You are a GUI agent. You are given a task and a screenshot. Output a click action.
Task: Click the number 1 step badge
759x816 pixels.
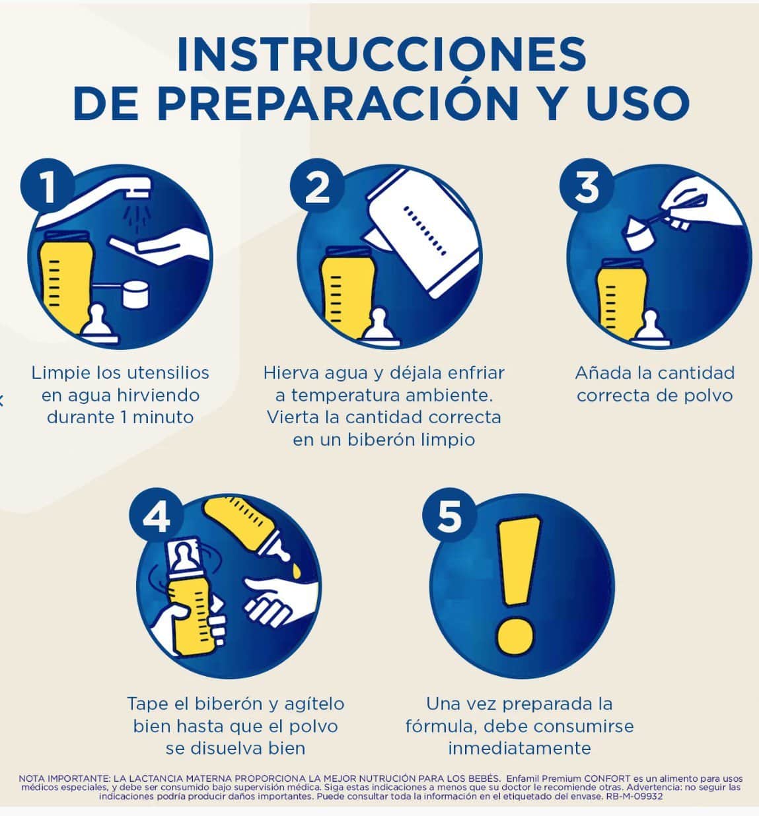(x=48, y=186)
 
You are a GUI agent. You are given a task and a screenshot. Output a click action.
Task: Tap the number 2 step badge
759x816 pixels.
(x=317, y=186)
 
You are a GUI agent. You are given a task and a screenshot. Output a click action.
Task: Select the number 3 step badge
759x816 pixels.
(x=587, y=186)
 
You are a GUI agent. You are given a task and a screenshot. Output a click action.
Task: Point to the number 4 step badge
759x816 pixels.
(x=157, y=515)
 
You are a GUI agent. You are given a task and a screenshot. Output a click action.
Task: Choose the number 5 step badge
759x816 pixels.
(x=449, y=515)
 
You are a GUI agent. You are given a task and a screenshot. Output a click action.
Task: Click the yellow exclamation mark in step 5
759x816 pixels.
(x=517, y=585)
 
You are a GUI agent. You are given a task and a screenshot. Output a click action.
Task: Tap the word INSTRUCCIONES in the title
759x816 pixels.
(x=381, y=54)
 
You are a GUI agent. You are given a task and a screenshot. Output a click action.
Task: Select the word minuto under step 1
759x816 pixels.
(x=163, y=417)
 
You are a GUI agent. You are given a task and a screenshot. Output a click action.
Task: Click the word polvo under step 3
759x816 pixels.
(x=708, y=395)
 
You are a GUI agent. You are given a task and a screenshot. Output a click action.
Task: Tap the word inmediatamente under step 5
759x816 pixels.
(x=519, y=748)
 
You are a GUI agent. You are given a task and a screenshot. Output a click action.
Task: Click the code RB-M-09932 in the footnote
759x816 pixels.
(x=634, y=796)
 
